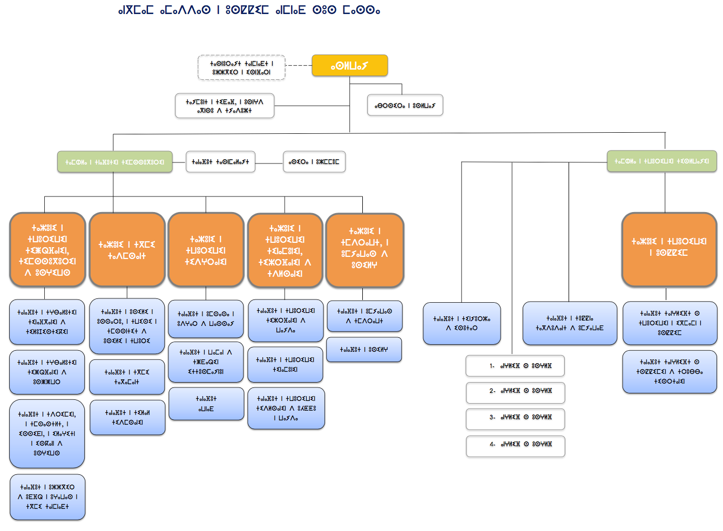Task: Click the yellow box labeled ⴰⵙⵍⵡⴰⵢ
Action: tap(349, 65)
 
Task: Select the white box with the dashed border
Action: tap(241, 67)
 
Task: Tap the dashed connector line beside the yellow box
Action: tap(298, 65)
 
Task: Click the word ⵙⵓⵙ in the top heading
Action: tap(324, 10)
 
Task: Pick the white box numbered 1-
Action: tap(515, 366)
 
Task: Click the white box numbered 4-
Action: tap(515, 445)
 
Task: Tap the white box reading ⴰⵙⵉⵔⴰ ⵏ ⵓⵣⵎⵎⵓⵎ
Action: tap(314, 161)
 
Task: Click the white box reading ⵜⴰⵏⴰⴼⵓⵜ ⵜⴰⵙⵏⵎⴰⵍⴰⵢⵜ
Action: tap(220, 161)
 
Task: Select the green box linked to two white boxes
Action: tap(114, 162)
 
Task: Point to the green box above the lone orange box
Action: tap(661, 161)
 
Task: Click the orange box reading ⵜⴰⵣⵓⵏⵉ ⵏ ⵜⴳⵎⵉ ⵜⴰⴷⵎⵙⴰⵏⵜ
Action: tap(127, 250)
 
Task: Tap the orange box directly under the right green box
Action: tap(669, 249)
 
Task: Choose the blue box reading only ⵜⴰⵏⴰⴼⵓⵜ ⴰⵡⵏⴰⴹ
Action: tap(206, 404)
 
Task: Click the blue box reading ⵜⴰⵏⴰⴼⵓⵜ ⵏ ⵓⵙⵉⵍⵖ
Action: tap(364, 350)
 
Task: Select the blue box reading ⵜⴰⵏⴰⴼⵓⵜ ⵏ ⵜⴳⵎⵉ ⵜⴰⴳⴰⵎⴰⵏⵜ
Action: tap(127, 377)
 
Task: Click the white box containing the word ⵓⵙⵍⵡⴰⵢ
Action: tap(405, 105)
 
